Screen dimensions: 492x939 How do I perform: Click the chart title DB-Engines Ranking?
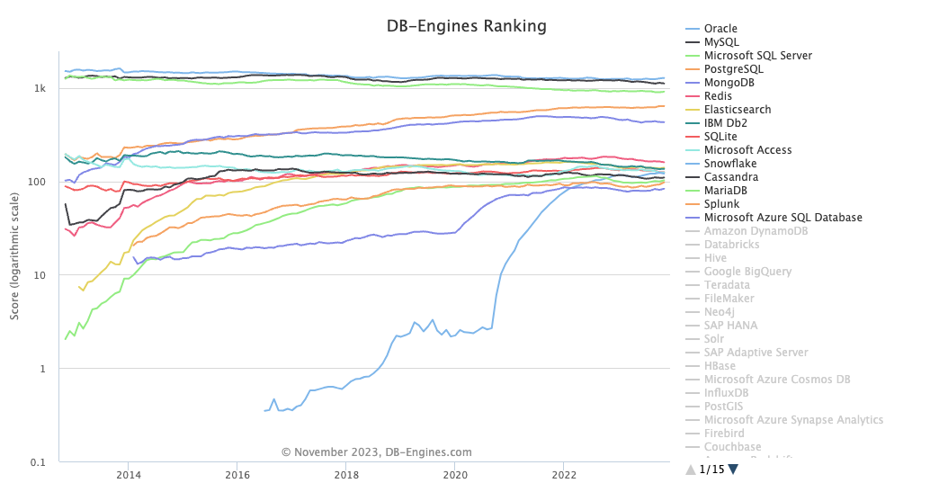pyautogui.click(x=465, y=26)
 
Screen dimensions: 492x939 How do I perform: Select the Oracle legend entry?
pyautogui.click(x=720, y=29)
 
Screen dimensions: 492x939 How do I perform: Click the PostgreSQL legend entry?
pyautogui.click(x=733, y=69)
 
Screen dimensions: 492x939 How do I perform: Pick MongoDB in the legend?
pyautogui.click(x=729, y=83)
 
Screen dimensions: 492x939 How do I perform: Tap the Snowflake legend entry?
pyautogui.click(x=730, y=164)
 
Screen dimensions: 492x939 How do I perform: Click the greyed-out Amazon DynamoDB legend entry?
pyautogui.click(x=756, y=231)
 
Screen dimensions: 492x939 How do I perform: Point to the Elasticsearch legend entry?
pyautogui.click(x=738, y=110)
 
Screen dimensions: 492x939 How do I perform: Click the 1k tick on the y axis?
pyautogui.click(x=40, y=89)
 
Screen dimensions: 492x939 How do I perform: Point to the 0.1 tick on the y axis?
pyautogui.click(x=39, y=462)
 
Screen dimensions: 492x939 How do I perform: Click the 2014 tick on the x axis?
pyautogui.click(x=129, y=475)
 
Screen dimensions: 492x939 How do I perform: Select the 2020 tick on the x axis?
pyautogui.click(x=456, y=475)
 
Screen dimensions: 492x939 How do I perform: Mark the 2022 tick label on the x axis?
pyautogui.click(x=564, y=475)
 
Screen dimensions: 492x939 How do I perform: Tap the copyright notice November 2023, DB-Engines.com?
pyautogui.click(x=376, y=452)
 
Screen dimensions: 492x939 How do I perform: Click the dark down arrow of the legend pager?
pyautogui.click(x=733, y=469)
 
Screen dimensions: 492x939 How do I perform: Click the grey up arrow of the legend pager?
pyautogui.click(x=691, y=469)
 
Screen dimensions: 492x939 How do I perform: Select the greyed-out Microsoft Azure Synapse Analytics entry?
pyautogui.click(x=793, y=420)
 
